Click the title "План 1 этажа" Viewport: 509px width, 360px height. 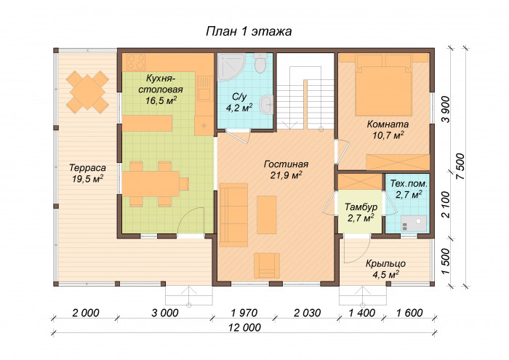(249, 31)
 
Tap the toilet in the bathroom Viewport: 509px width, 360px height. (260, 63)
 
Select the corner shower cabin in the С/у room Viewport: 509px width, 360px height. (231, 68)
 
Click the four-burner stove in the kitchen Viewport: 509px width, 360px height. (136, 62)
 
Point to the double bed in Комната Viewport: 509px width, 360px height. (384, 85)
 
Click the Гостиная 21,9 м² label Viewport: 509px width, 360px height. (286, 169)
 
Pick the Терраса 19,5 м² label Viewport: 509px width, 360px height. (88, 173)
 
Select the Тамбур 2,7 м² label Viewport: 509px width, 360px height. (361, 212)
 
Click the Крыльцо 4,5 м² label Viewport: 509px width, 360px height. (385, 269)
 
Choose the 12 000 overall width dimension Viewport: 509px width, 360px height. (244, 327)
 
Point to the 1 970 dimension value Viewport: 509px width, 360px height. (244, 313)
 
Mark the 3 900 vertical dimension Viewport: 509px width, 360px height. (446, 109)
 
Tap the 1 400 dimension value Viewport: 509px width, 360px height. (362, 313)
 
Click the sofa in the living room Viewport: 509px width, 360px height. (233, 215)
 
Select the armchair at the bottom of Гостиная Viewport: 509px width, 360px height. (267, 265)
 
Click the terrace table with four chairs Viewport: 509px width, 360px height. (87, 92)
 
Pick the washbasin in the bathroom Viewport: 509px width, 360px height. (267, 104)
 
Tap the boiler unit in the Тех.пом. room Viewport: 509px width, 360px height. (414, 223)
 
